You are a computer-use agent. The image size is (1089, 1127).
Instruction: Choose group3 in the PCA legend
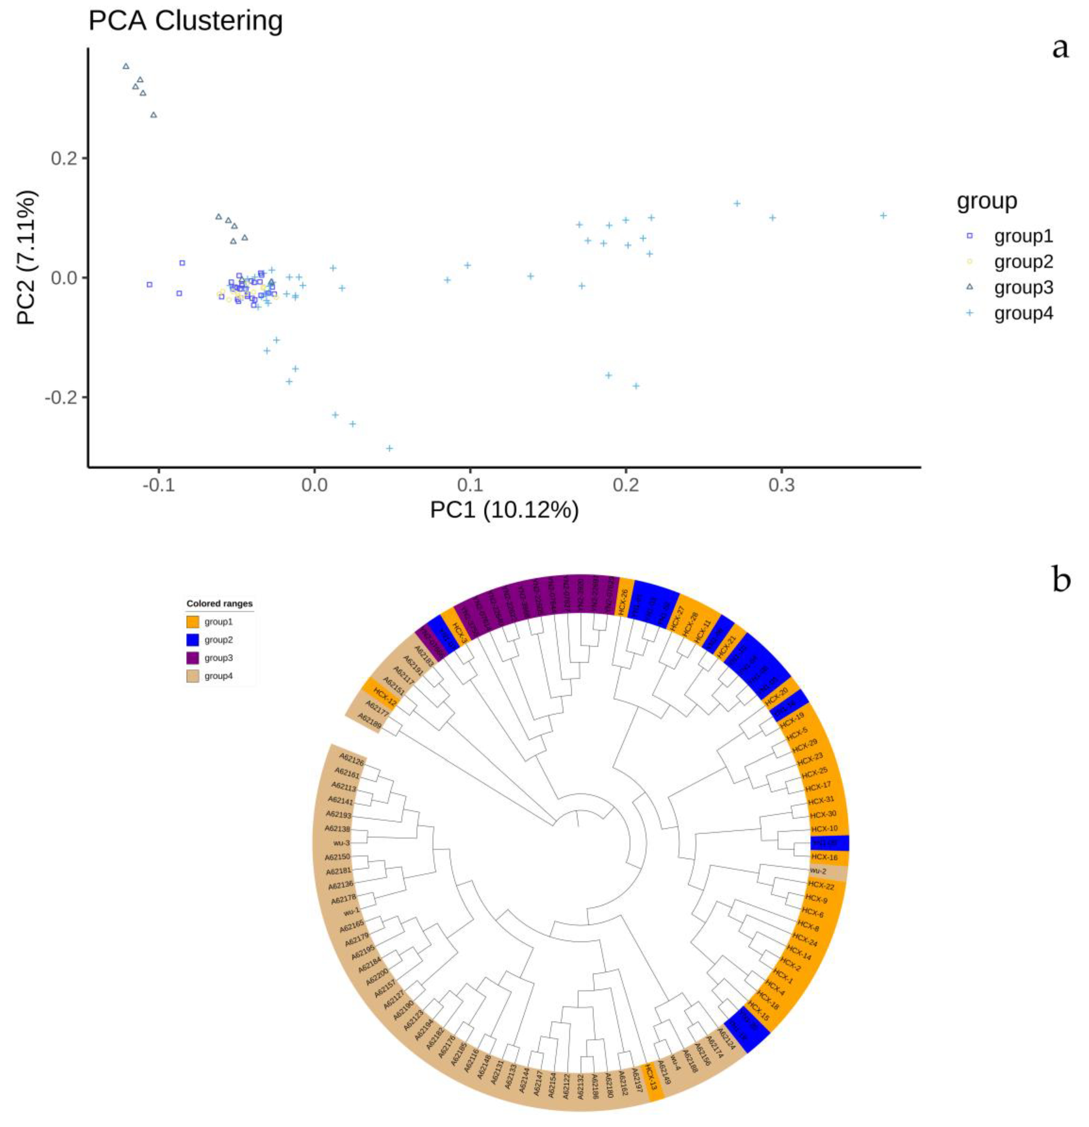[1023, 287]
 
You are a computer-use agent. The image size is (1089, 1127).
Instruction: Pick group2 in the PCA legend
[1023, 262]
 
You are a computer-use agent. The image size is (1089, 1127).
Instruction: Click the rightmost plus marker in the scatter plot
[883, 215]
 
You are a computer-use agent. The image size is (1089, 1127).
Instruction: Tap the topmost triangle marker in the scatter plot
[126, 66]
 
